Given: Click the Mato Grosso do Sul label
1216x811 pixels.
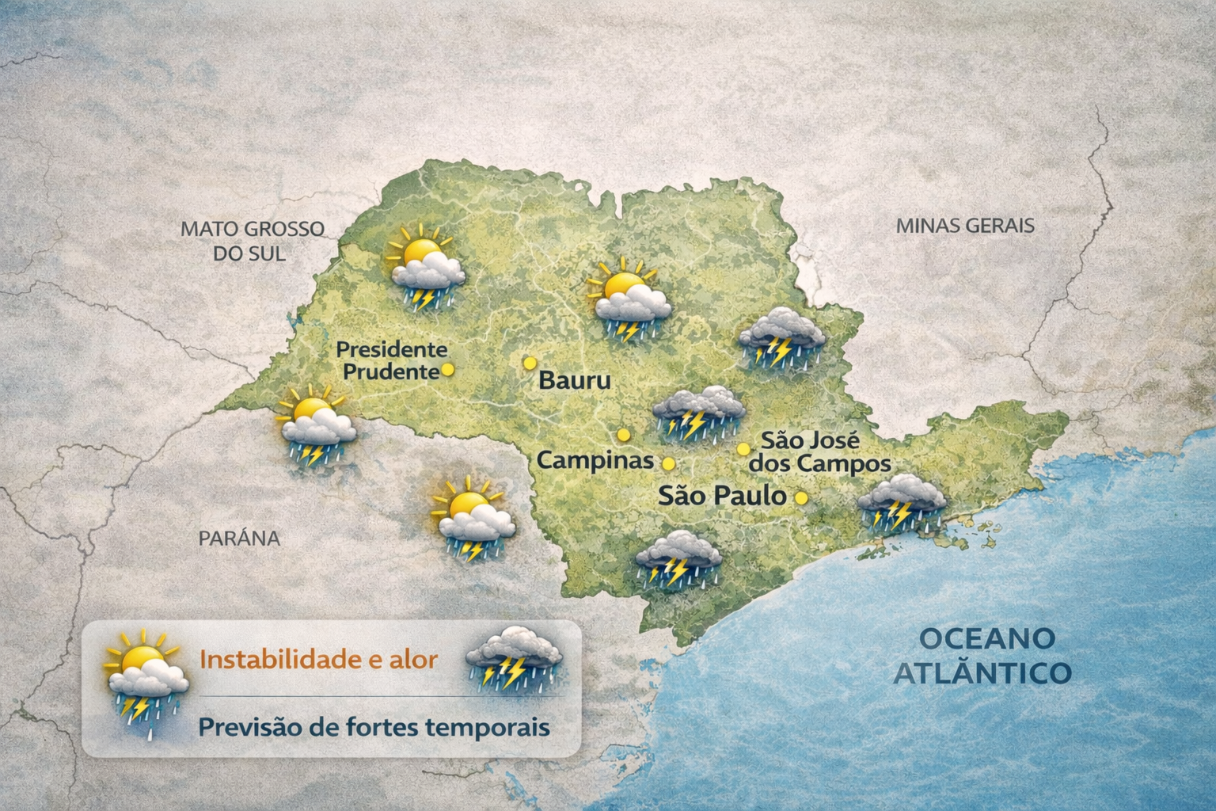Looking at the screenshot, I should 252,241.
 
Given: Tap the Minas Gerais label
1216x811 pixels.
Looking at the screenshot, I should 964,225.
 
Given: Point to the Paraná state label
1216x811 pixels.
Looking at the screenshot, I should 239,539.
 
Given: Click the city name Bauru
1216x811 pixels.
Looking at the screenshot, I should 575,380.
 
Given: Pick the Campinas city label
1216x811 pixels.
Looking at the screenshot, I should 595,460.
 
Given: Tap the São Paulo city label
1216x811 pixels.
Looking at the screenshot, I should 722,497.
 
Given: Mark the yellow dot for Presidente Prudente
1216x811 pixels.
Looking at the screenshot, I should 447,369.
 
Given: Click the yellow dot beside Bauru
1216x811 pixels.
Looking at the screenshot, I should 530,363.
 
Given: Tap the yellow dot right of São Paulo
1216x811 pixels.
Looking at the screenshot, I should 801,498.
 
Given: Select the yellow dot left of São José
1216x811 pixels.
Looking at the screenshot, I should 743,449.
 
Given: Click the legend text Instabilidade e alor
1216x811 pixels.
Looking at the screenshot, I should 318,660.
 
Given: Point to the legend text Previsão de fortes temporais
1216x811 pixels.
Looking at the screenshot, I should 374,726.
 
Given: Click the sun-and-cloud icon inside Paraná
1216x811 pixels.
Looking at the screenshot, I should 472,518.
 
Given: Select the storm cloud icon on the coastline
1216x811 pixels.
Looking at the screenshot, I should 901,503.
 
